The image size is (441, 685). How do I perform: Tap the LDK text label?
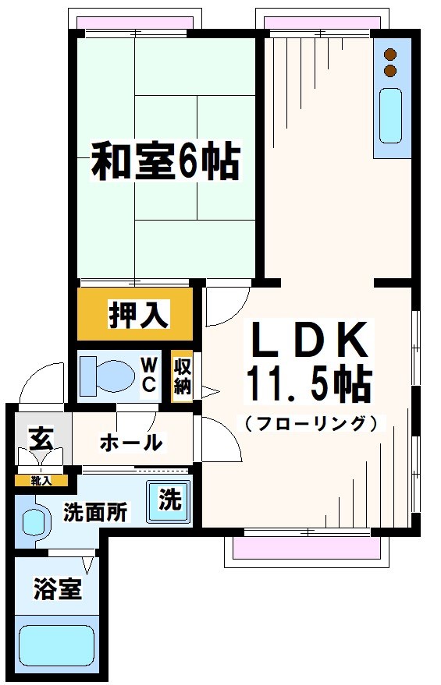point(308,340)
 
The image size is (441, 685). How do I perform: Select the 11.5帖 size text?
point(308,383)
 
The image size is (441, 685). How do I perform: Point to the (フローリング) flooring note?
point(311,424)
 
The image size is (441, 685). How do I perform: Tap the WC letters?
point(151,374)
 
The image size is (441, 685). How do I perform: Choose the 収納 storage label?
point(182,375)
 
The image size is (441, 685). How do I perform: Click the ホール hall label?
point(130,443)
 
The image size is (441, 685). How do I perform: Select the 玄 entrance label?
point(41,439)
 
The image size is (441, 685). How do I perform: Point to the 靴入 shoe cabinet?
point(41,480)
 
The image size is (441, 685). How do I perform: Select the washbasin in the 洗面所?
point(34,522)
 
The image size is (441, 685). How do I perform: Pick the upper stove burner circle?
point(389,55)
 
